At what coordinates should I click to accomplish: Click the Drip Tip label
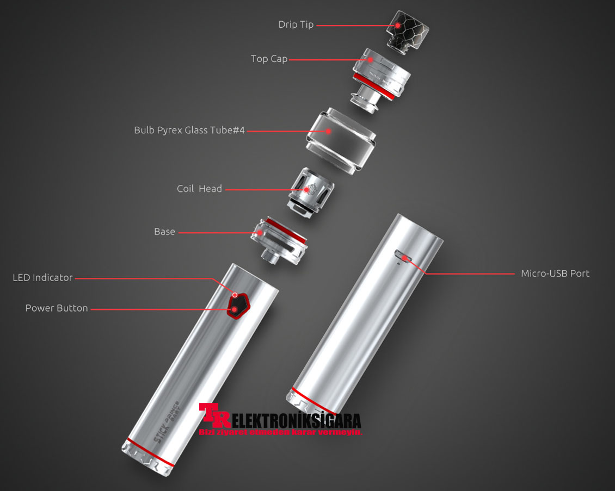(x=296, y=24)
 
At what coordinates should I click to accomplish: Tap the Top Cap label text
(x=269, y=59)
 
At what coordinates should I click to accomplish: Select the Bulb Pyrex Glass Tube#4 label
(x=189, y=130)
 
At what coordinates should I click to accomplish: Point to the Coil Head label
(x=199, y=189)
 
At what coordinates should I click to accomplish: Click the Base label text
(x=164, y=232)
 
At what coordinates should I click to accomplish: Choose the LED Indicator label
(x=42, y=278)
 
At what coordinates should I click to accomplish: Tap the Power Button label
(x=56, y=308)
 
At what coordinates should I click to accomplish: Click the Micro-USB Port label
(x=555, y=274)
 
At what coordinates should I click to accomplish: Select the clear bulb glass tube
(x=340, y=140)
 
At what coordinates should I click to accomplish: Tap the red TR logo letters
(x=213, y=417)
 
